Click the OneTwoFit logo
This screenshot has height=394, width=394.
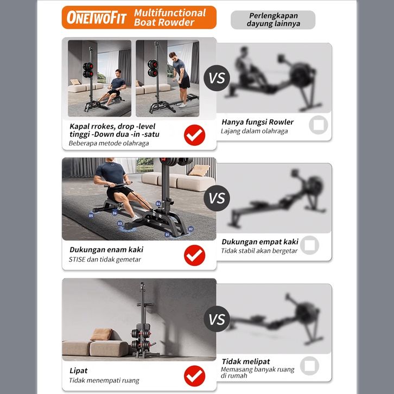(x=97, y=17)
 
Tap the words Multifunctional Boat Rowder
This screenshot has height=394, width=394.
(x=170, y=17)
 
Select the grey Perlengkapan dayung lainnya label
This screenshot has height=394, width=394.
(x=273, y=20)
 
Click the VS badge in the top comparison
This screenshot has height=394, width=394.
(x=217, y=78)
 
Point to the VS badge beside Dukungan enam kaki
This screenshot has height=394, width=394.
(x=217, y=198)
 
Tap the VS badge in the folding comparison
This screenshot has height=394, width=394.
(x=217, y=319)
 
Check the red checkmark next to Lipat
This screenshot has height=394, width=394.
(x=194, y=376)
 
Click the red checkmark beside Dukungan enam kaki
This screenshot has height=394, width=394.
(x=194, y=255)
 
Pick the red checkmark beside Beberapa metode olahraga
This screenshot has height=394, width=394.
(x=194, y=135)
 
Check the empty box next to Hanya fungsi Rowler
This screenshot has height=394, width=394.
(x=319, y=125)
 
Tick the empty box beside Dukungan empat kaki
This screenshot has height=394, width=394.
(x=309, y=245)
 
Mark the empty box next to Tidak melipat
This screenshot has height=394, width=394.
(x=309, y=366)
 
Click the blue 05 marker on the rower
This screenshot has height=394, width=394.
(x=91, y=215)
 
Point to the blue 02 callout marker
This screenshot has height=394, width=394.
(x=190, y=229)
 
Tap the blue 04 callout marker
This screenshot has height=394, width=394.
(x=158, y=204)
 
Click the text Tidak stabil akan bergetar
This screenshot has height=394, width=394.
(x=259, y=251)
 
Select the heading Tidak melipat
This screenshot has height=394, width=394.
(x=246, y=361)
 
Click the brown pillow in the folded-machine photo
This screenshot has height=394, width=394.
(x=102, y=334)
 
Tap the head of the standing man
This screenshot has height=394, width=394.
(x=173, y=55)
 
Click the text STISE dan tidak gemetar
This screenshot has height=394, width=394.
(x=105, y=259)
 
